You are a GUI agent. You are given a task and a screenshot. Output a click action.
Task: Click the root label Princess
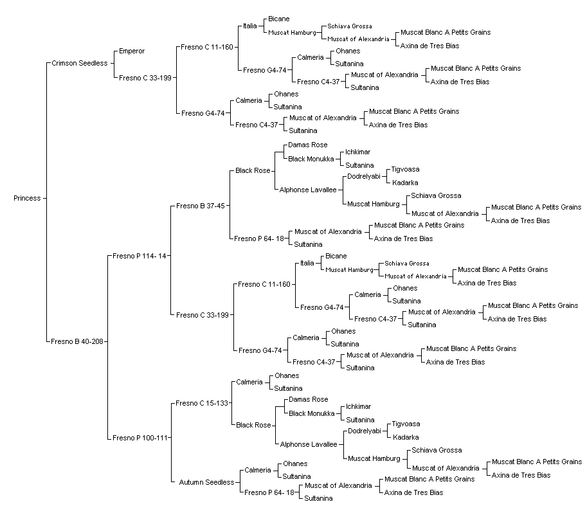(27, 198)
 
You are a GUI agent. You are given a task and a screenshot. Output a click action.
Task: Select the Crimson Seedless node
(79, 63)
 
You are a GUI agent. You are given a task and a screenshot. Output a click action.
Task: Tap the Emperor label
(132, 51)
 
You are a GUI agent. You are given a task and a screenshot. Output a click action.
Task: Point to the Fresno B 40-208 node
(77, 341)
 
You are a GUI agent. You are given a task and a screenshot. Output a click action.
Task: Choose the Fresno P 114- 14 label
(140, 256)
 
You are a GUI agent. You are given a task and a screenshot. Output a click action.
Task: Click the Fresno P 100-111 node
(140, 438)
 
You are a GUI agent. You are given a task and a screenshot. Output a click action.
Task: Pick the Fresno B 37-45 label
(201, 206)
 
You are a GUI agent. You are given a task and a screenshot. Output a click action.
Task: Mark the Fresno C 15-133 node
(202, 403)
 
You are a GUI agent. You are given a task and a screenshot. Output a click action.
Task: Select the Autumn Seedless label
(206, 482)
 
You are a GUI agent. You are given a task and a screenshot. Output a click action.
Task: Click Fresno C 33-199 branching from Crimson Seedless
(145, 78)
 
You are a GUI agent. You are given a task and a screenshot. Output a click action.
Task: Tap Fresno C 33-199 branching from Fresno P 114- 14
(203, 315)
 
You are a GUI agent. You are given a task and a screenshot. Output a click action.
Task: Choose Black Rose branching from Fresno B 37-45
(253, 171)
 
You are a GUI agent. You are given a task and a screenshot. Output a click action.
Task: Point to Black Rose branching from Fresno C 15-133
(253, 426)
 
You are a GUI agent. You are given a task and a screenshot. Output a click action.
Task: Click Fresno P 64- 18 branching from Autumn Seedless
(269, 493)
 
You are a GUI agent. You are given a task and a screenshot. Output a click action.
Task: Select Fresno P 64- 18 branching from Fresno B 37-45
(259, 239)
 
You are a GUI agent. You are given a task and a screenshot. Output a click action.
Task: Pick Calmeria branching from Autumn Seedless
(258, 471)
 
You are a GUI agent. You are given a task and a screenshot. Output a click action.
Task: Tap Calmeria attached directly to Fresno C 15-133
(249, 382)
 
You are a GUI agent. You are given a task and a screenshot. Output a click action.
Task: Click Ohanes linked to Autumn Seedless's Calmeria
(295, 464)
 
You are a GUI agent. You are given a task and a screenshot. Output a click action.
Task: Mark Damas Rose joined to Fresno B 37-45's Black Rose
(308, 145)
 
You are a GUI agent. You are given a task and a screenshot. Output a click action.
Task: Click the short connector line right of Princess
(44, 198)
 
